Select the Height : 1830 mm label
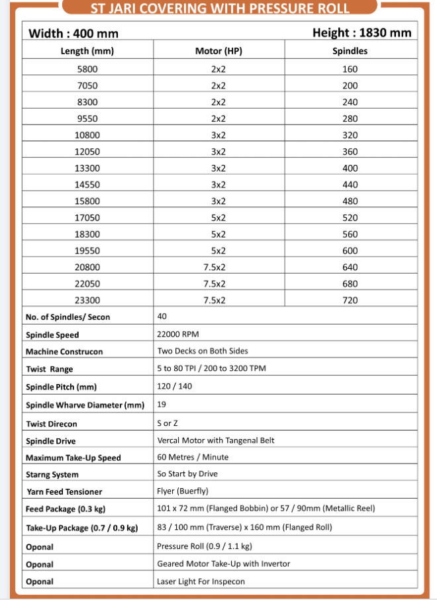[x=361, y=32]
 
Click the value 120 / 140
[x=174, y=386]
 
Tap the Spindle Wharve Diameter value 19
[x=162, y=403]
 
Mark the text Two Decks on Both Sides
[x=203, y=351]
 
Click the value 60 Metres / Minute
[x=193, y=457]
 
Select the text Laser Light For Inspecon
[x=201, y=581]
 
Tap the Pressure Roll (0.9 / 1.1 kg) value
[x=205, y=546]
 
